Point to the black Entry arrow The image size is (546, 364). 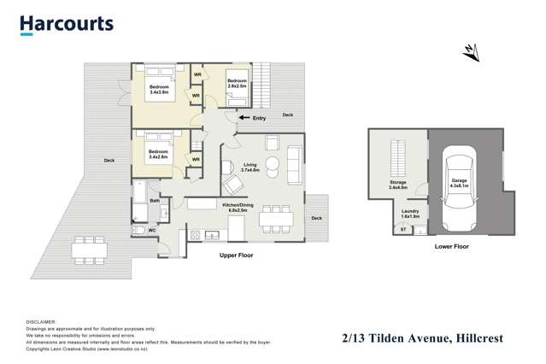[x=244, y=117]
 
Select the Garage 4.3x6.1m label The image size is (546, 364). [x=459, y=183]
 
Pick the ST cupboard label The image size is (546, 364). [x=402, y=229]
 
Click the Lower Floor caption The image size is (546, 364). [x=451, y=245]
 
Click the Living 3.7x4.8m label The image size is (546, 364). [x=250, y=167]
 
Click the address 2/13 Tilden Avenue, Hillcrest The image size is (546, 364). [x=423, y=339]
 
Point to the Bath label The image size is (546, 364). [x=155, y=201]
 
